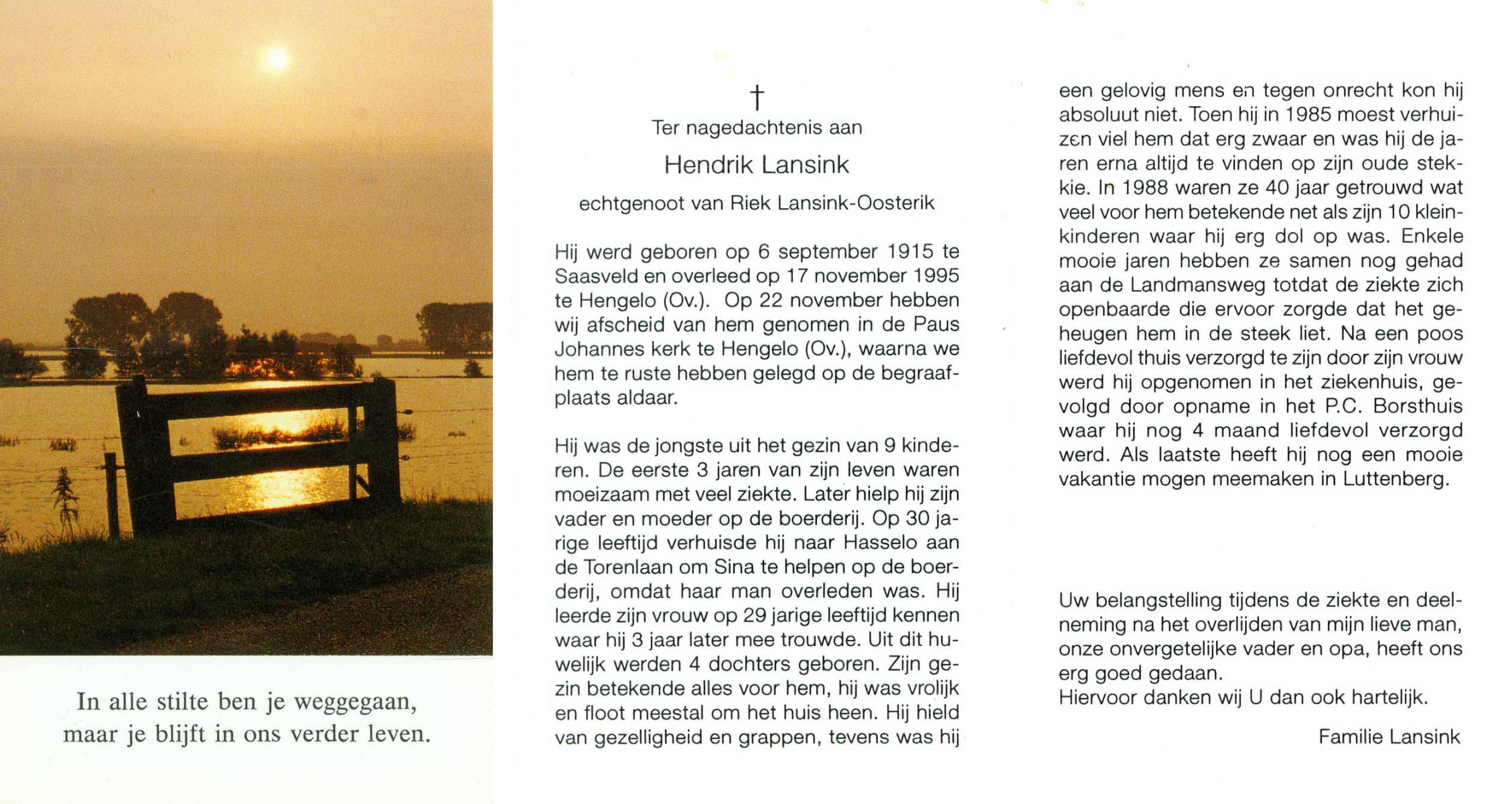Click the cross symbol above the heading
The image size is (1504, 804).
(x=757, y=97)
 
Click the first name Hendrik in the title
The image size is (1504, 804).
(x=708, y=165)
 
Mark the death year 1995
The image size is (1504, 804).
(x=936, y=276)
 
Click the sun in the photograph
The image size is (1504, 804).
(x=277, y=59)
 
